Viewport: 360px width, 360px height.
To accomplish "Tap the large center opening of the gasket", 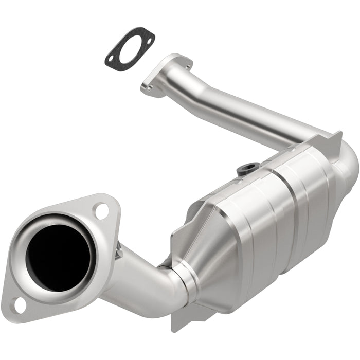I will pos(130,47).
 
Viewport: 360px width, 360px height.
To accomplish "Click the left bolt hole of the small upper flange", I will pos(150,88).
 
